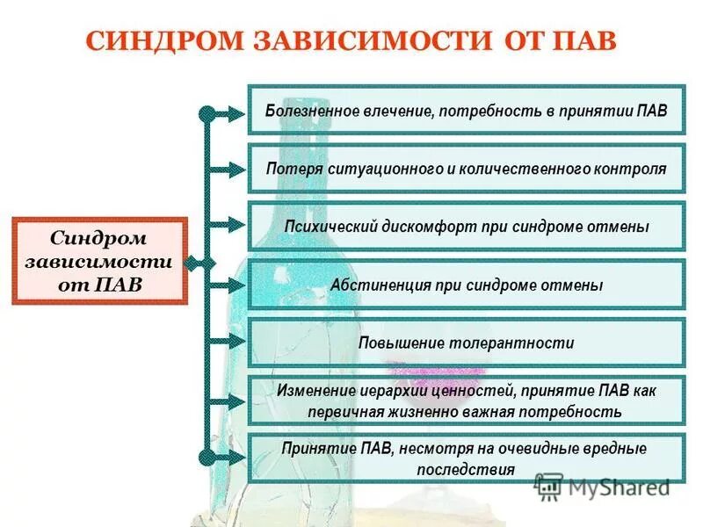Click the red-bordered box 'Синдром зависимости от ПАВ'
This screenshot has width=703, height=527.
coord(99,261)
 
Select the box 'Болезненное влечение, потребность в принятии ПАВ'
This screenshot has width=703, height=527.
coord(466,111)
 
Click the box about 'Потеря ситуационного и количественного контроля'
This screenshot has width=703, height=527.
coord(466,169)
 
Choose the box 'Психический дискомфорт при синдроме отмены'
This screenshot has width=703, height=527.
coord(466,227)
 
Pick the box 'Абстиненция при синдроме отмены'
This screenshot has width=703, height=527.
coord(466,285)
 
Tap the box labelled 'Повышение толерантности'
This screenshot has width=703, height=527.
coord(466,343)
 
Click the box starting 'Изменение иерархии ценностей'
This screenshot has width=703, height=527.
coord(466,401)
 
